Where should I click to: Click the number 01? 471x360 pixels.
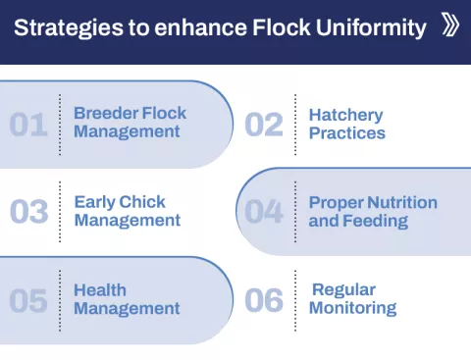click(28, 125)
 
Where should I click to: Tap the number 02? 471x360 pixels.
click(264, 125)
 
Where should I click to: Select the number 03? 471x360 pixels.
click(28, 212)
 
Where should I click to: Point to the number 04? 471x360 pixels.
click(264, 212)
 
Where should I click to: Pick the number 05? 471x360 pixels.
click(28, 300)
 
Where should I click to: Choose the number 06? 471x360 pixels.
click(264, 300)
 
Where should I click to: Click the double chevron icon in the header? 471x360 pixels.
click(450, 26)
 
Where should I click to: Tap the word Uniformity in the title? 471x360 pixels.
click(374, 27)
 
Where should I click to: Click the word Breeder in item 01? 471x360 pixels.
click(103, 114)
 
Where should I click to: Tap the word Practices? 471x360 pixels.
click(347, 133)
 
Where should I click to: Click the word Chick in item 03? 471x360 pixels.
click(142, 202)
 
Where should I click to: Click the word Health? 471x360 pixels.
click(99, 290)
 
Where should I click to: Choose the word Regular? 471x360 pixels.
click(343, 290)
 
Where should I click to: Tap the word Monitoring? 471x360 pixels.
click(352, 309)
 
